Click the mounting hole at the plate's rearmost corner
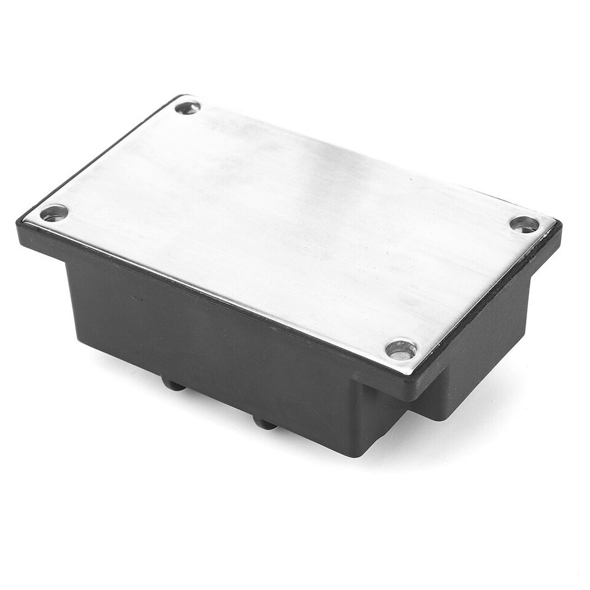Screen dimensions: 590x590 pyautogui.click(x=187, y=108)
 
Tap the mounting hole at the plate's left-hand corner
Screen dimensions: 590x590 pyautogui.click(x=53, y=213)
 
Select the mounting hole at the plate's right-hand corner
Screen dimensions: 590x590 pyautogui.click(x=524, y=224)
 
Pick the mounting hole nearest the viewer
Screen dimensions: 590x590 pyautogui.click(x=401, y=350)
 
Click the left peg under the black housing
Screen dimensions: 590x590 pyautogui.click(x=173, y=384)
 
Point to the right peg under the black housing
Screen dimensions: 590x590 pyautogui.click(x=264, y=423)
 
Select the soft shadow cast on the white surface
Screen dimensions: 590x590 pyautogui.click(x=442, y=442)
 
